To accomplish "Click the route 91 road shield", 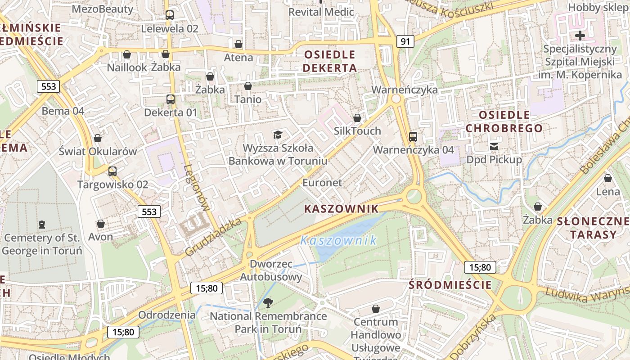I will tap(405, 42).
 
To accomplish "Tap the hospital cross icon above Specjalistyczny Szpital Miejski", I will tap(580, 35).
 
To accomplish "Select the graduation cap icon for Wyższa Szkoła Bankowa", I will tap(278, 135).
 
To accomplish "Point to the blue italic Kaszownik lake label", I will tap(338, 240).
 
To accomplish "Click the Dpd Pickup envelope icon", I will tap(494, 146).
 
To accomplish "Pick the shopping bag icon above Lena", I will tap(607, 178).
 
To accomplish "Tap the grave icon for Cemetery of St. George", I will tap(42, 224).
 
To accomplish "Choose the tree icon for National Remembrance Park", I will tap(268, 302).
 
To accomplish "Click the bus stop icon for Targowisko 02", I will tap(112, 171).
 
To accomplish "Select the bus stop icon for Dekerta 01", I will tap(170, 99).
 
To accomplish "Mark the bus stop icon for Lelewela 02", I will tap(169, 15).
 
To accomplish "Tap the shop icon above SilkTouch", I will tap(357, 118).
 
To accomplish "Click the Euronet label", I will tap(322, 183).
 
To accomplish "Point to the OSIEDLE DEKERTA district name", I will tap(330, 61).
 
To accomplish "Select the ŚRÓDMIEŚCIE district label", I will tap(450, 284).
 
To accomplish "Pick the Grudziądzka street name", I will tap(213, 237).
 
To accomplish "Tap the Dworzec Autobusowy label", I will tap(270, 270).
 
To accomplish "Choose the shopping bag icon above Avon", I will tap(101, 224).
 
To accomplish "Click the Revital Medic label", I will tap(321, 12).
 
